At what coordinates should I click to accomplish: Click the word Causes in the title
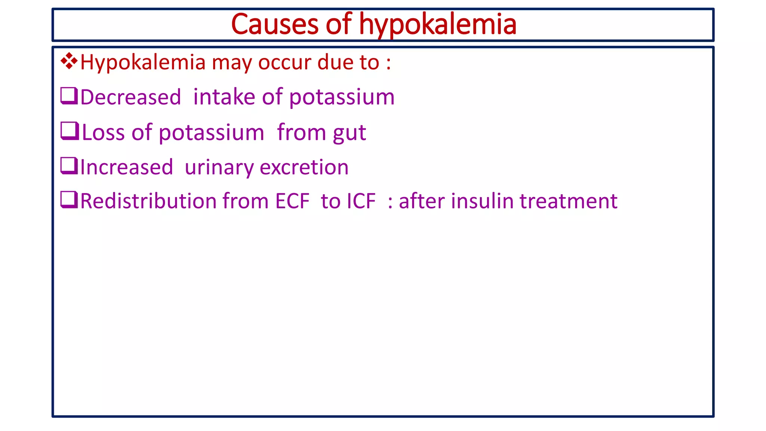tap(275, 24)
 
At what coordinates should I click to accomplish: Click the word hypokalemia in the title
tap(438, 24)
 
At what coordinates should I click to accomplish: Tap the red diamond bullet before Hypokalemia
tap(69, 61)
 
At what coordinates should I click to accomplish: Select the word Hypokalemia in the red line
tap(143, 62)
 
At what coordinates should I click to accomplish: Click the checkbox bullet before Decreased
tap(69, 96)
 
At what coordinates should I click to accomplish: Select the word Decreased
tap(131, 97)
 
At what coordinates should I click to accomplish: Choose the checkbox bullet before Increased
tap(69, 166)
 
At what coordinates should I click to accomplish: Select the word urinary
tap(219, 168)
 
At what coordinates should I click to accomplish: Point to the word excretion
tap(304, 167)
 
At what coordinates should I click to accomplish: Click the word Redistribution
tap(148, 201)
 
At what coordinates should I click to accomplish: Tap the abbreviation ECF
tap(292, 201)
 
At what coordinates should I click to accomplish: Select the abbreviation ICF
tap(361, 201)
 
